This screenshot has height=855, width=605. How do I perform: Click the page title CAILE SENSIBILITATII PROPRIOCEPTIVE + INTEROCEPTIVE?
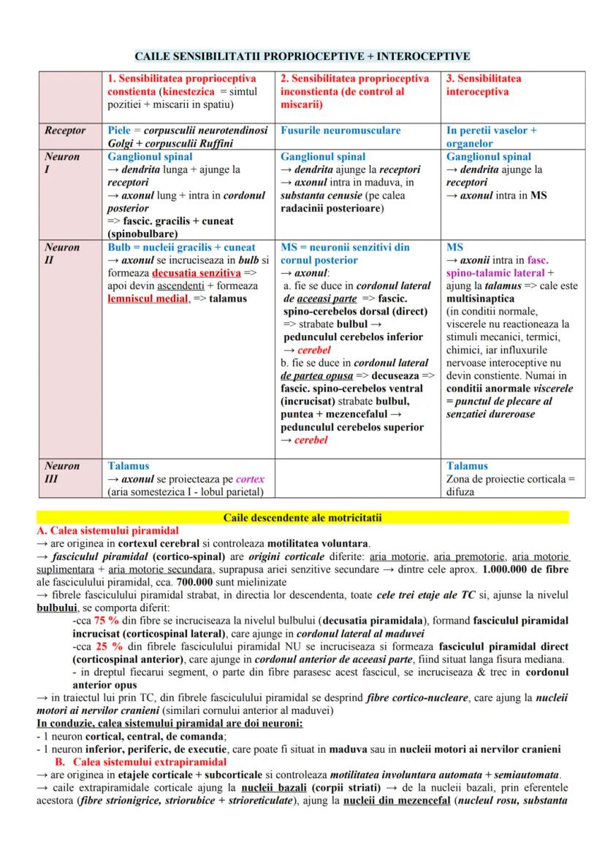tap(302, 56)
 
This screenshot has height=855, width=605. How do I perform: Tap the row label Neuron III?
tap(62, 472)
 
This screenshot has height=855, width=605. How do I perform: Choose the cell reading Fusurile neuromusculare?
tap(340, 131)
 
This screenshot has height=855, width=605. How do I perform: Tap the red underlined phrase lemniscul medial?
tap(148, 299)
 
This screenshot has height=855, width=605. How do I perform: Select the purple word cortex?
tap(250, 479)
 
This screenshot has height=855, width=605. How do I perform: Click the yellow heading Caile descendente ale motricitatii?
tap(302, 518)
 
